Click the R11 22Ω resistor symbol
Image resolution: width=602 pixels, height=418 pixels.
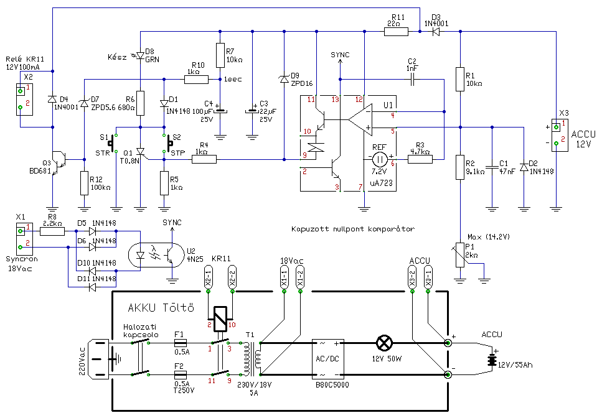click(x=396, y=32)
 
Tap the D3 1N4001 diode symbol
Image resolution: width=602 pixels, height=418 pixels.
click(x=436, y=32)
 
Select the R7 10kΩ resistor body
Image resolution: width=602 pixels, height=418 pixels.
click(x=220, y=55)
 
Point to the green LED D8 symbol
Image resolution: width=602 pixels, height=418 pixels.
click(x=140, y=56)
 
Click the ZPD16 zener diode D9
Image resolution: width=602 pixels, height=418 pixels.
click(x=284, y=79)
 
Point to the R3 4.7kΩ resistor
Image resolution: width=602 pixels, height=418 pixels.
click(x=420, y=159)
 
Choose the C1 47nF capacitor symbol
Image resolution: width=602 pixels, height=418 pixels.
click(x=492, y=167)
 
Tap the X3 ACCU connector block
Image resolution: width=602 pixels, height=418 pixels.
click(x=558, y=134)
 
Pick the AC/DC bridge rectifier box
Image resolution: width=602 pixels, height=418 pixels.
click(x=329, y=360)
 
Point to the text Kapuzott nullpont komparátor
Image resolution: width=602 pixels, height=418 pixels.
click(x=353, y=229)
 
